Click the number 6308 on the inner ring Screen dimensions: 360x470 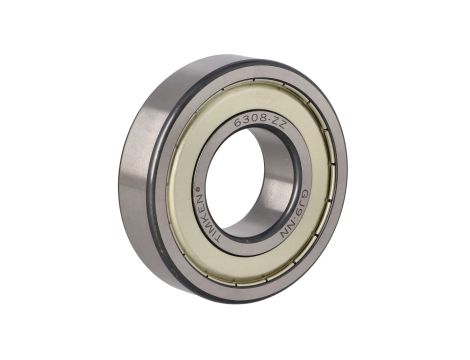pos(246,122)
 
